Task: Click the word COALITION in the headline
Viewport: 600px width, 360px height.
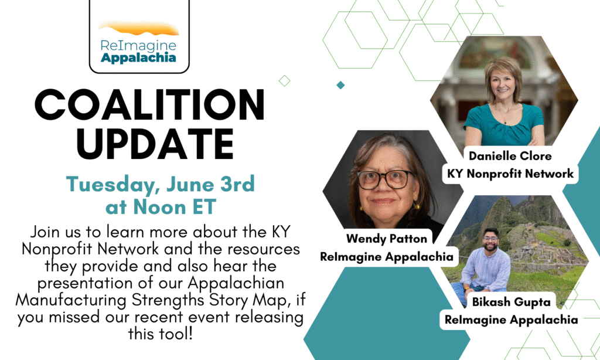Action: pos(149,104)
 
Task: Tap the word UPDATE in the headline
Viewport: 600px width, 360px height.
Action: pos(155,144)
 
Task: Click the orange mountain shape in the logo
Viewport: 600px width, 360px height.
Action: pos(139,29)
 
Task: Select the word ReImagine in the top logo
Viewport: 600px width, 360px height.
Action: pos(138,46)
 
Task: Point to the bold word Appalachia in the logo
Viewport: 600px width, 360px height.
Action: pos(138,58)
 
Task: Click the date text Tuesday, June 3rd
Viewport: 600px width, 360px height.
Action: pos(161,184)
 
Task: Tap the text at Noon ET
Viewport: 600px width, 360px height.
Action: pos(161,207)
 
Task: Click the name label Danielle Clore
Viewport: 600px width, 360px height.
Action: pos(510,156)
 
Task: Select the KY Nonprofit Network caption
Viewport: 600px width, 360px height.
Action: pos(510,174)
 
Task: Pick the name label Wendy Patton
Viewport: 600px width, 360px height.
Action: pos(387,239)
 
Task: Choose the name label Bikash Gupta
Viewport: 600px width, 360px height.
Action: pos(511,302)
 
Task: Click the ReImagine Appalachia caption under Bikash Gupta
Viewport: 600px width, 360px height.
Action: pos(511,320)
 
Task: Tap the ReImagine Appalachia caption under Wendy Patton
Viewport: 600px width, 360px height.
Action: pos(387,256)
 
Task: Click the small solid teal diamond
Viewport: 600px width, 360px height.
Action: pos(340,85)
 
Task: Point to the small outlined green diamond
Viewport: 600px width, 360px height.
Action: pos(284,81)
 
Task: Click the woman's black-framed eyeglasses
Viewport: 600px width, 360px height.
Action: pos(385,179)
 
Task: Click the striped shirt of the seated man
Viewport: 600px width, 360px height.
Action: pos(485,269)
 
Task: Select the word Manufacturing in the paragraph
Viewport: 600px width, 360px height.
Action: pos(71,300)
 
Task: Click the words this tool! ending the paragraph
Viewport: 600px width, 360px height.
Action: pos(161,334)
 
